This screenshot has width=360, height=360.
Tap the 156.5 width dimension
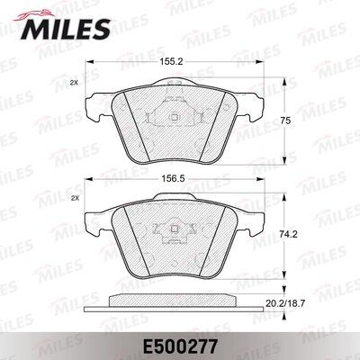coord(174,178)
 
